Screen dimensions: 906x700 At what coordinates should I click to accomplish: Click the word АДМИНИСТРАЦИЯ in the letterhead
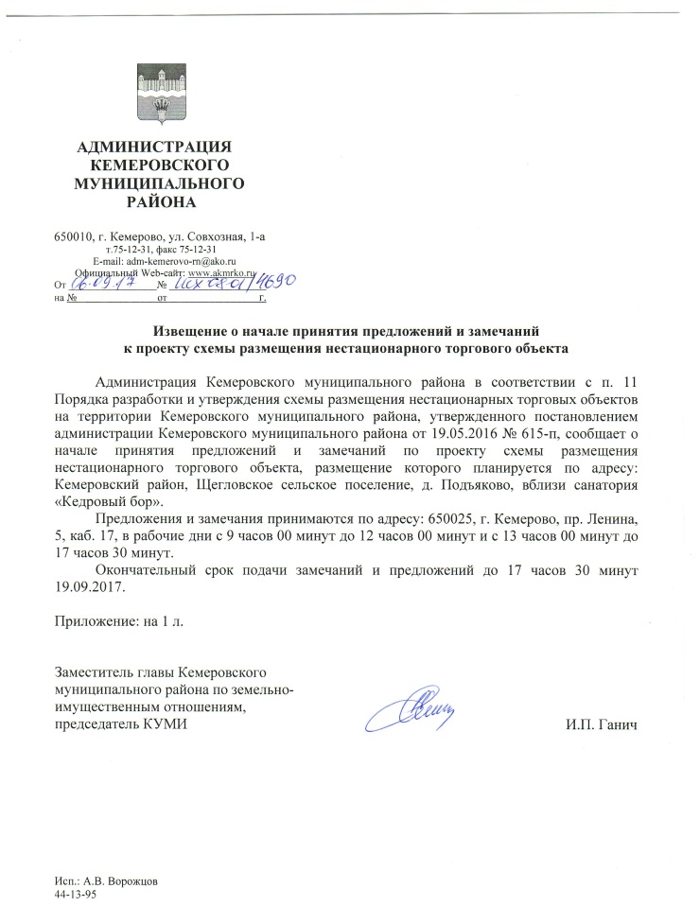[153, 146]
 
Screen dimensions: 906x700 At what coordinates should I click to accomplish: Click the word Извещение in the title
[197, 332]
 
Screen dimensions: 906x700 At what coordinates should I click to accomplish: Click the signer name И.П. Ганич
[600, 724]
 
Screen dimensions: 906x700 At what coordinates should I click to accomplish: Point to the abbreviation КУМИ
[166, 724]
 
